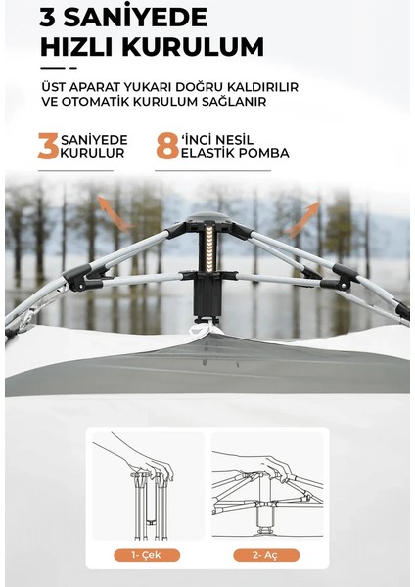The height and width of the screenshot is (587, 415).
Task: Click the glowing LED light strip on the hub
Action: point(207,244)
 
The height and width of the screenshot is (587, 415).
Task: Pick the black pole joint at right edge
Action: point(401,310)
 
